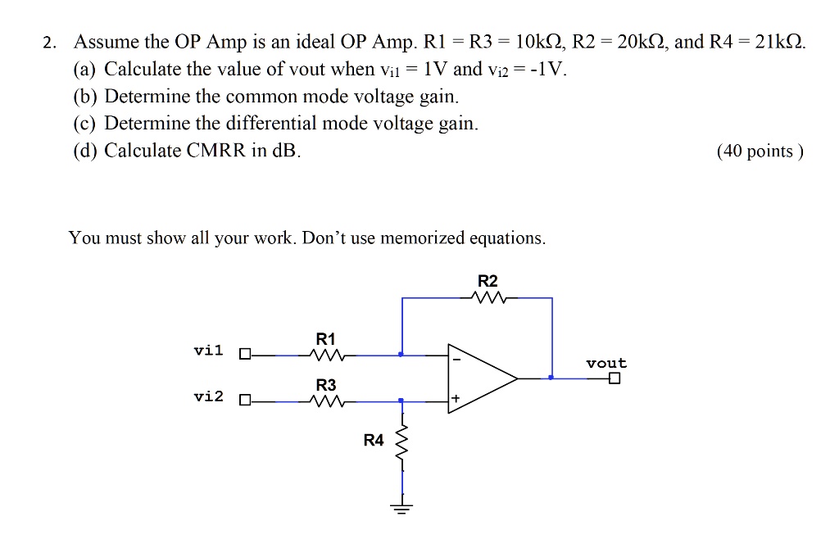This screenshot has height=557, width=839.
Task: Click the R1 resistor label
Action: pyautogui.click(x=325, y=339)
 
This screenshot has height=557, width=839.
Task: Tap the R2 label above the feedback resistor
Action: pyautogui.click(x=488, y=281)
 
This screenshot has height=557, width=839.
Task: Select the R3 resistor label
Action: pyautogui.click(x=325, y=385)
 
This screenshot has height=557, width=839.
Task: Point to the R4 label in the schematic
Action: pyautogui.click(x=374, y=441)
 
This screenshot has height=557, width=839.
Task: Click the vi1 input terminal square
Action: pyautogui.click(x=243, y=355)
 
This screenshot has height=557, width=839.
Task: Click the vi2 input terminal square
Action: pyautogui.click(x=243, y=401)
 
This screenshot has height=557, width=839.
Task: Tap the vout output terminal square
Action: pyautogui.click(x=615, y=378)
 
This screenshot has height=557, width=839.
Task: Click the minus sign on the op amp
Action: pyautogui.click(x=456, y=357)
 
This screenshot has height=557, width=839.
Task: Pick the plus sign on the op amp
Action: pyautogui.click(x=456, y=400)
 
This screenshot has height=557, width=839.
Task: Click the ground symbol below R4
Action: pyautogui.click(x=401, y=505)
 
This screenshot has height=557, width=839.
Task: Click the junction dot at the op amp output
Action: pyautogui.click(x=551, y=378)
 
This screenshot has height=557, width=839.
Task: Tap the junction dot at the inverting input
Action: pyautogui.click(x=401, y=355)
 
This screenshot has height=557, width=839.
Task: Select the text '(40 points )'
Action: pyautogui.click(x=760, y=152)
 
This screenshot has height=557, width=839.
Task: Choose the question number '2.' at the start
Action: pyautogui.click(x=50, y=43)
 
